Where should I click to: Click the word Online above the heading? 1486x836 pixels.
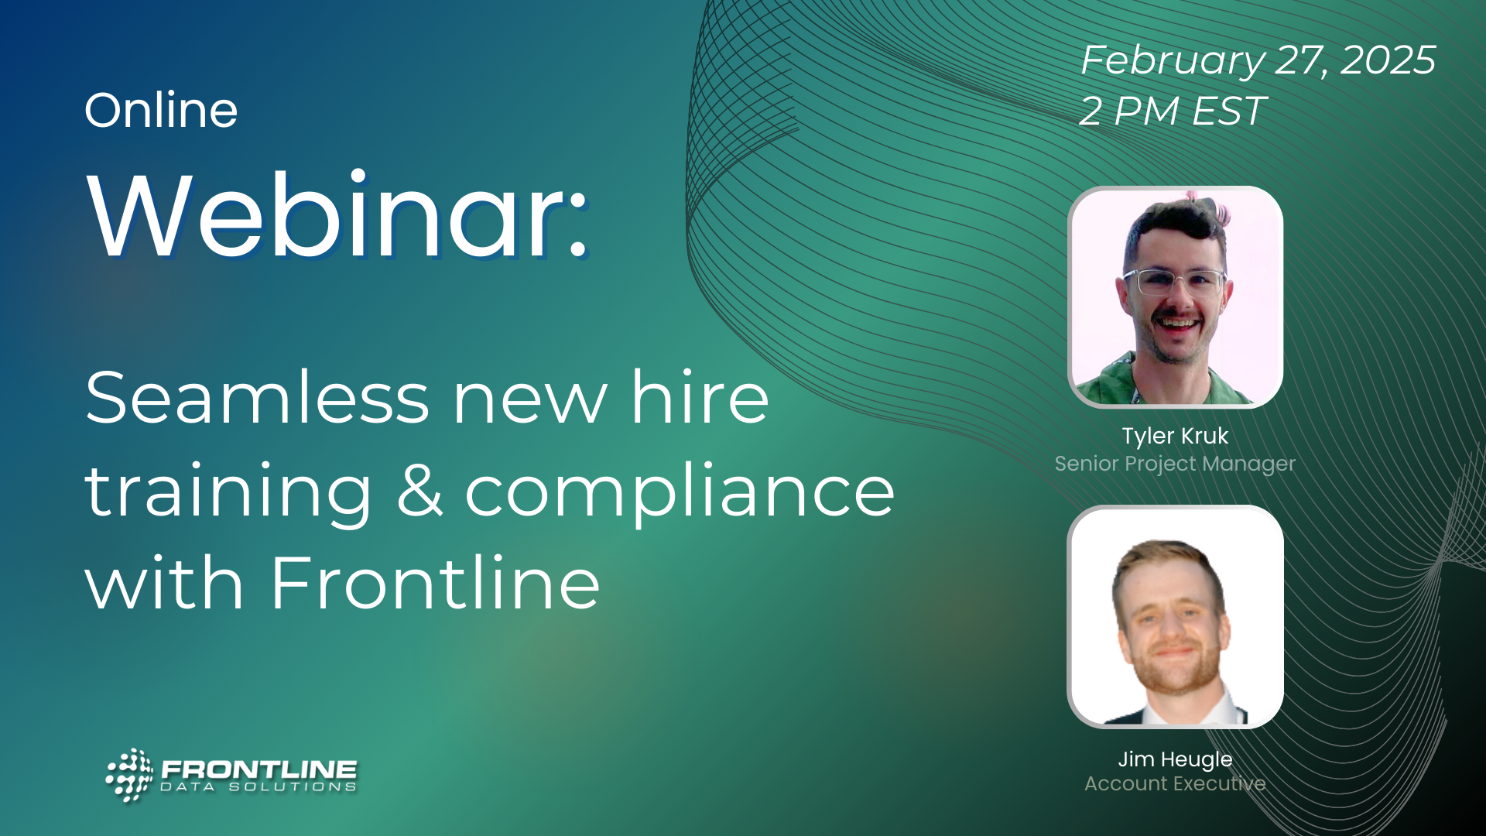point(161,110)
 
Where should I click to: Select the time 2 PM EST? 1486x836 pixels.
point(1173,111)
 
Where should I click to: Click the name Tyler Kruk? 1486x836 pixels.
point(1175,436)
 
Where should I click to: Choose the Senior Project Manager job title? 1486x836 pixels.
point(1175,464)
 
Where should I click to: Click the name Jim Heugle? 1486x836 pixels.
point(1175,759)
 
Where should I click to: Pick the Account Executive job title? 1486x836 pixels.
point(1175,784)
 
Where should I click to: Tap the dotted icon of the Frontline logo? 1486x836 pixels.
point(129,775)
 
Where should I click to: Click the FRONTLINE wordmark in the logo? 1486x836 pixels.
point(259,769)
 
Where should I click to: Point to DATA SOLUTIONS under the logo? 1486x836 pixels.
point(259,787)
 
